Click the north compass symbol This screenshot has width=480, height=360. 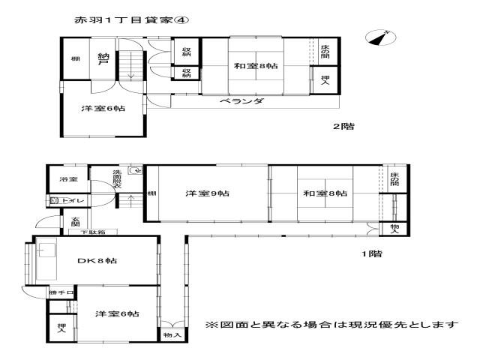(x=381, y=38)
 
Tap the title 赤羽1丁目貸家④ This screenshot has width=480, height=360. (x=131, y=20)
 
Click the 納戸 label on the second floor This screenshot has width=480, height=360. (x=103, y=58)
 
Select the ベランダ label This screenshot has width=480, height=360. (x=241, y=100)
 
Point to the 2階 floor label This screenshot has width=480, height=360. (x=343, y=126)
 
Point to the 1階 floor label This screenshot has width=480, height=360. (x=372, y=253)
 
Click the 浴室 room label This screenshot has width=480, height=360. (x=68, y=179)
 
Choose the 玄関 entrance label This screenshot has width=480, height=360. (x=75, y=222)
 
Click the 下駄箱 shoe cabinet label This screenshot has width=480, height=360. (x=93, y=232)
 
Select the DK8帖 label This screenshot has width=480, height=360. (x=97, y=261)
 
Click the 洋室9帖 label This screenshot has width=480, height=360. (x=208, y=193)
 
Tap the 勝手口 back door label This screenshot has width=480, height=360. (x=61, y=292)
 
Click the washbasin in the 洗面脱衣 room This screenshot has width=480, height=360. (x=135, y=170)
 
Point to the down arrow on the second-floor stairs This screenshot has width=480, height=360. (x=131, y=65)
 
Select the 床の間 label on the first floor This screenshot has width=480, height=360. (x=395, y=178)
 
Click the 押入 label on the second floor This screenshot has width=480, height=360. (x=325, y=80)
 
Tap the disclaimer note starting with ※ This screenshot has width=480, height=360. (x=331, y=325)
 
